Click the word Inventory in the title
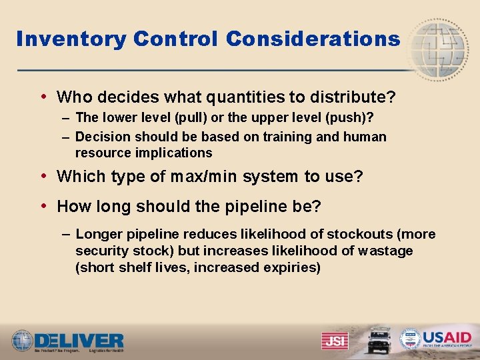click(x=71, y=39)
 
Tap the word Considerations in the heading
click(x=313, y=39)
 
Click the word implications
click(x=173, y=153)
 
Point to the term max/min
click(x=204, y=177)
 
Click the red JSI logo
click(x=335, y=340)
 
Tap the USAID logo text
click(x=447, y=337)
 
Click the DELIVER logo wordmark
click(x=80, y=339)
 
